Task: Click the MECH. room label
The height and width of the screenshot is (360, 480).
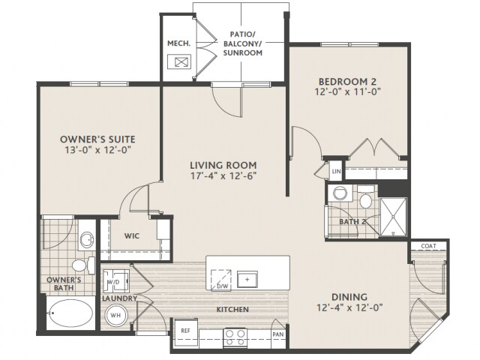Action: pyautogui.click(x=178, y=43)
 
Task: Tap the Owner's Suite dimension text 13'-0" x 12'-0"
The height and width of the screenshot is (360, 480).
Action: pyautogui.click(x=98, y=150)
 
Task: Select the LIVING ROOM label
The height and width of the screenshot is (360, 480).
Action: pyautogui.click(x=223, y=165)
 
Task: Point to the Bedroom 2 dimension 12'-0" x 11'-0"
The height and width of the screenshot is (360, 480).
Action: pyautogui.click(x=347, y=91)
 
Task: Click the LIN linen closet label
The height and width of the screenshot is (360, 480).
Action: pyautogui.click(x=336, y=172)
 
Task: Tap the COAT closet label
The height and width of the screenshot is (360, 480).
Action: pyautogui.click(x=428, y=246)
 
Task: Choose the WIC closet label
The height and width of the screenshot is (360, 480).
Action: pyautogui.click(x=132, y=236)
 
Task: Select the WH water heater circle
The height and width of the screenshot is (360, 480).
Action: pyautogui.click(x=115, y=315)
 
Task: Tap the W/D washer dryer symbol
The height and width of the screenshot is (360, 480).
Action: pyautogui.click(x=115, y=281)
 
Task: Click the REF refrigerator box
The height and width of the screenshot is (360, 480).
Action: pyautogui.click(x=186, y=331)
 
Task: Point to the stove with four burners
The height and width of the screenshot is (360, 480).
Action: pyautogui.click(x=235, y=337)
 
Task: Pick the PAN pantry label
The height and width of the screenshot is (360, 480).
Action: pyautogui.click(x=278, y=334)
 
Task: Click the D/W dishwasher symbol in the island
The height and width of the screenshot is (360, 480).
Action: pyautogui.click(x=220, y=280)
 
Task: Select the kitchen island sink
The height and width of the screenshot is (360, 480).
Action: pyautogui.click(x=247, y=279)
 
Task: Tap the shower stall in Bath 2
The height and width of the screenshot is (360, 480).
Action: pyautogui.click(x=393, y=217)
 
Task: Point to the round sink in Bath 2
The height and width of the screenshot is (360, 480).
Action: pyautogui.click(x=339, y=193)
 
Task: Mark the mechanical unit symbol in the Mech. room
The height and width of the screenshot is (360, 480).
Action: pyautogui.click(x=179, y=61)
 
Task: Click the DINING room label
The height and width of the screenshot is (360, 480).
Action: pyautogui.click(x=349, y=297)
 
